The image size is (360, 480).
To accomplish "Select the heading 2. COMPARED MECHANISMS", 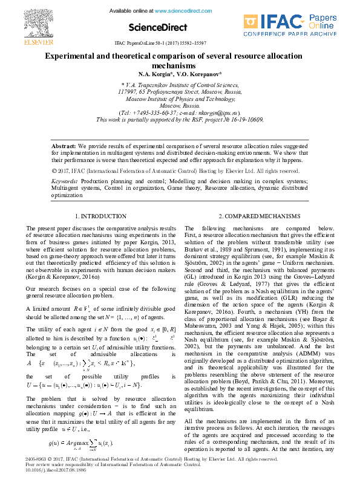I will click(x=259, y=216).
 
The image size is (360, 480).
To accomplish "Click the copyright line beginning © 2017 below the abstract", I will click(x=163, y=171).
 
